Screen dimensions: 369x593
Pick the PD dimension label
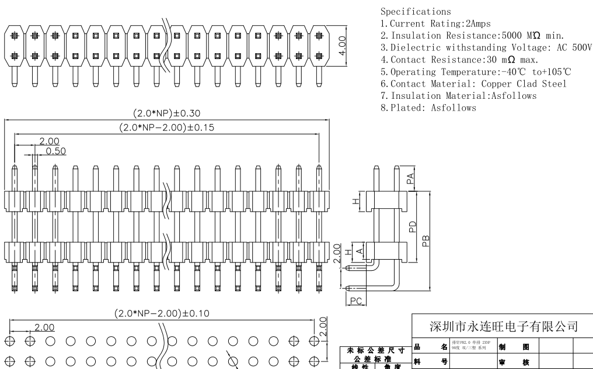(412, 226)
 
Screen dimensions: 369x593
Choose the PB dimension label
(426, 240)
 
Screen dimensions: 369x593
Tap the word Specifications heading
(416, 11)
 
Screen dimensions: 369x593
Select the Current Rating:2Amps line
(435, 23)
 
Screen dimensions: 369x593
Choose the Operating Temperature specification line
(476, 72)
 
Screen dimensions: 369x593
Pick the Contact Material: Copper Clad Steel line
(473, 84)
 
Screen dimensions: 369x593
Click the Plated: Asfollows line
(428, 108)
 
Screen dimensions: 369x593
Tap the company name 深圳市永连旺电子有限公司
(504, 326)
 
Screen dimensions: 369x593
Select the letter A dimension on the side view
(360, 251)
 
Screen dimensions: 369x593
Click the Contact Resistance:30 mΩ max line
(459, 60)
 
